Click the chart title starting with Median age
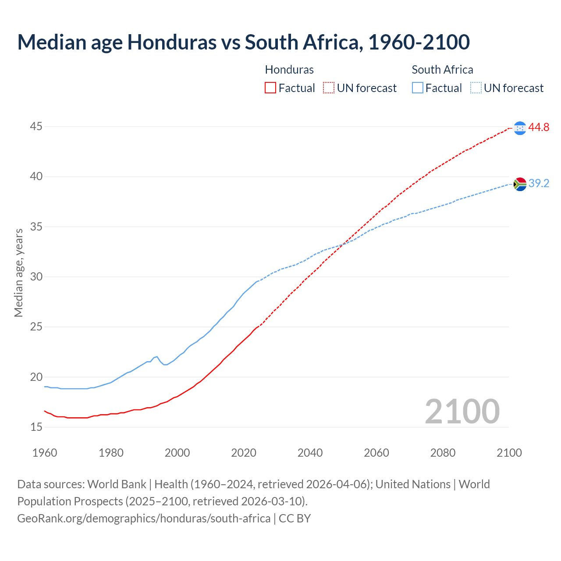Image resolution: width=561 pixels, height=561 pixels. [x=243, y=43]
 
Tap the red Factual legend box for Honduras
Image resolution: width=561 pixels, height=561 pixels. [x=270, y=88]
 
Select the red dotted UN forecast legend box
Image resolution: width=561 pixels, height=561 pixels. [x=329, y=88]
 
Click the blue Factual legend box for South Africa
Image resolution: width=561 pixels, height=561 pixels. [x=418, y=88]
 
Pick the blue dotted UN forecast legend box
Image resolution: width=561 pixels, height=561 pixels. [x=476, y=88]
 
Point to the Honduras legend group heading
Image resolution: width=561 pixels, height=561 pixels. [x=289, y=70]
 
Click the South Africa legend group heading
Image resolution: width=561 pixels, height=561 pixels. [x=442, y=70]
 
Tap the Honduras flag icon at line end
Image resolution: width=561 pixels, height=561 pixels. [x=520, y=128]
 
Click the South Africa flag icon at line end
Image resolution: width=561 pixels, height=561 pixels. [x=520, y=184]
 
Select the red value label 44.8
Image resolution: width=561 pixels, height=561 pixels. [x=539, y=128]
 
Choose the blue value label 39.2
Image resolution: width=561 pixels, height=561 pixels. [x=539, y=184]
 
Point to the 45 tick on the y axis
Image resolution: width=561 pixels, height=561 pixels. [x=36, y=127]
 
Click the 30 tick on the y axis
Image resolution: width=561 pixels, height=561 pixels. [x=36, y=277]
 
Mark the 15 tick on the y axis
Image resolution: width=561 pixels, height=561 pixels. [x=36, y=427]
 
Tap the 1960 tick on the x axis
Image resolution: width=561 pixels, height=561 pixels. [x=45, y=453]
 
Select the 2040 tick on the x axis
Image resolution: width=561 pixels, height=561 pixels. [x=310, y=453]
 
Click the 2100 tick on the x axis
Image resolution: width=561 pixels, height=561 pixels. [x=509, y=453]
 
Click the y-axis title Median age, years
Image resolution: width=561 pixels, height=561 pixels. [x=18, y=273]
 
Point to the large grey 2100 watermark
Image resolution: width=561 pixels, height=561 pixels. [x=462, y=411]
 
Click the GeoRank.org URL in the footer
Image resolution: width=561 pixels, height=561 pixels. [x=144, y=518]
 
